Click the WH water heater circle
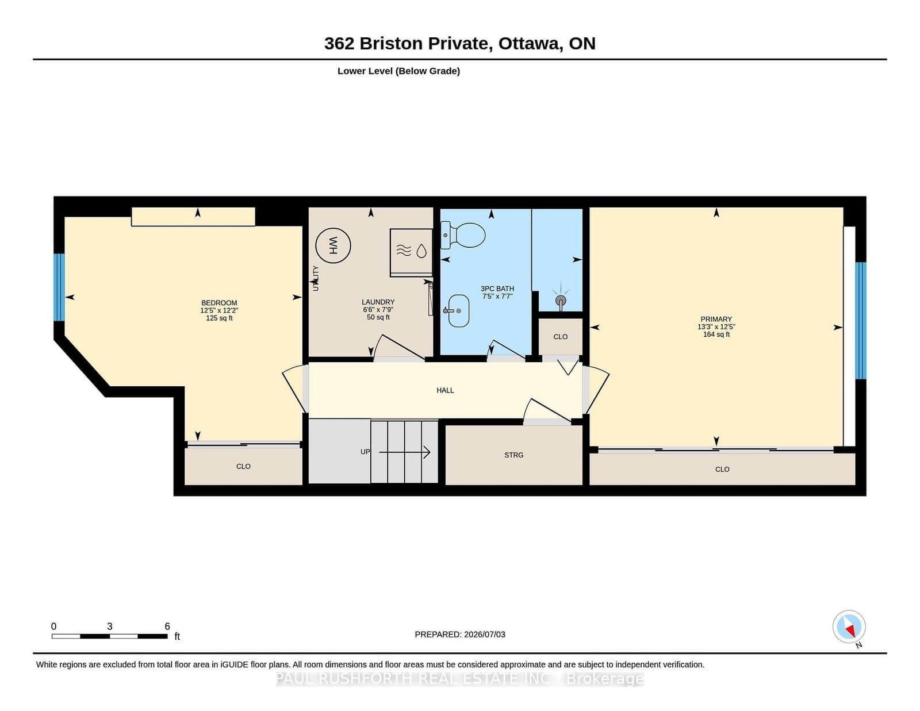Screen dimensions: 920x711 [x=333, y=245]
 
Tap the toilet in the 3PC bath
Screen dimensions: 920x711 [x=463, y=235]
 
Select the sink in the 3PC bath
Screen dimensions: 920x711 [x=457, y=311]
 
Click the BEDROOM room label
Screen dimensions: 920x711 [x=219, y=303]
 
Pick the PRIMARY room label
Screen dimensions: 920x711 [x=716, y=319]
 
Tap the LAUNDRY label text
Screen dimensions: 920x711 [x=378, y=302]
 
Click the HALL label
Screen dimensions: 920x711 [x=446, y=390]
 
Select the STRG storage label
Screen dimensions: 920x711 [x=514, y=455]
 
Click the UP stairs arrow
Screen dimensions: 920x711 [x=405, y=452]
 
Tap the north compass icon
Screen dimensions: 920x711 [x=849, y=627]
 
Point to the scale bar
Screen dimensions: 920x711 [x=110, y=636]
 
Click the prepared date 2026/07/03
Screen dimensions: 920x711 [x=484, y=635]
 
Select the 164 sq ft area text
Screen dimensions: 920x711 [x=716, y=335]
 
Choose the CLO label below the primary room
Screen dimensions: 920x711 [x=722, y=470]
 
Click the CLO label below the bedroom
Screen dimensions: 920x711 [x=243, y=466]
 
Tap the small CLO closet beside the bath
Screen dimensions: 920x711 [x=561, y=337]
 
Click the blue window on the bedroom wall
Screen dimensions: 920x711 [x=59, y=287]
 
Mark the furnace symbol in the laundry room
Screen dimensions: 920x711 [x=411, y=251]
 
